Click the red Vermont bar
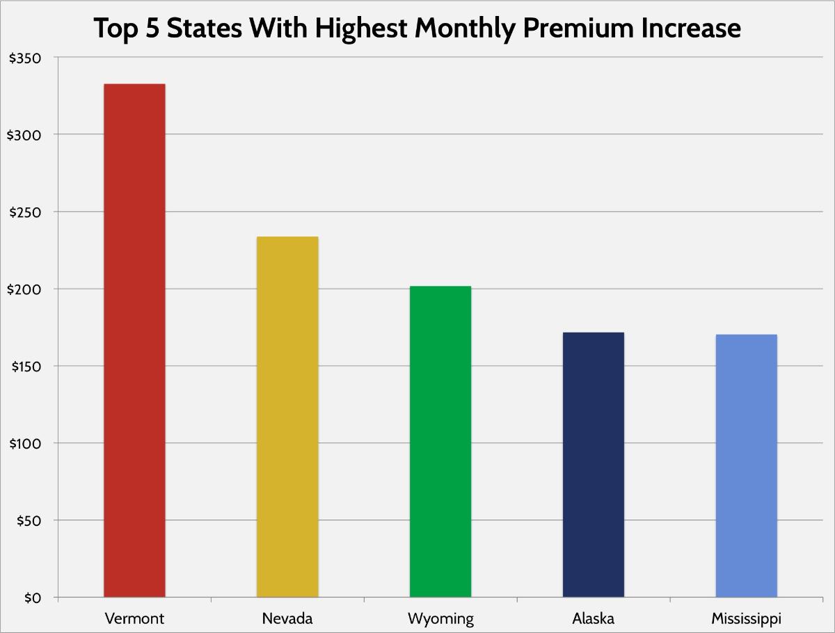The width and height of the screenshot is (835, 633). (x=134, y=340)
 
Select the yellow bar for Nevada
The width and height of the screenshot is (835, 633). (x=287, y=417)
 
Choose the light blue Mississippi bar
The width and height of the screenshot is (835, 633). (x=746, y=465)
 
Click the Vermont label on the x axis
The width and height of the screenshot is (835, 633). (x=134, y=618)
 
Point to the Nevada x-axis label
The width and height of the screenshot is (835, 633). (x=287, y=618)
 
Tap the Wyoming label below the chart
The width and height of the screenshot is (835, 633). (x=440, y=618)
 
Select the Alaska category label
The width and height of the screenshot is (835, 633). (x=594, y=618)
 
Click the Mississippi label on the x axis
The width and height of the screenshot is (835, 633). (x=746, y=618)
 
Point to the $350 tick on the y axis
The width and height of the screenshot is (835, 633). (x=25, y=58)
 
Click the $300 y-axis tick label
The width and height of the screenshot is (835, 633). (x=25, y=135)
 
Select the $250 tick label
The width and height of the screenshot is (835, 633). (x=25, y=212)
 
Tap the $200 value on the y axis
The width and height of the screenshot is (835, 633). (x=25, y=289)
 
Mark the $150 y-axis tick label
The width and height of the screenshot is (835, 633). (x=25, y=367)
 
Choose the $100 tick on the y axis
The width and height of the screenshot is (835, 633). (x=25, y=444)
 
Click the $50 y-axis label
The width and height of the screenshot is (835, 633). (x=29, y=521)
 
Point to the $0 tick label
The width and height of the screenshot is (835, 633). (x=33, y=598)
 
